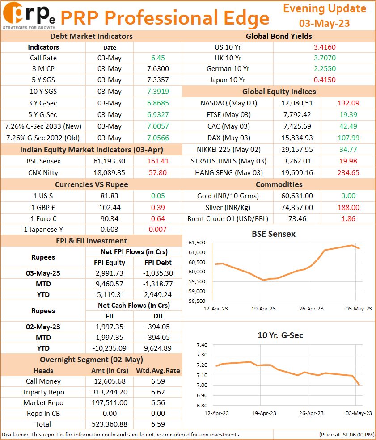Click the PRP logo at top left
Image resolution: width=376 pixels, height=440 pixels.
pos(29,16)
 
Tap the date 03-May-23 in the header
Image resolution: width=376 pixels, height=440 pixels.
pos(324,23)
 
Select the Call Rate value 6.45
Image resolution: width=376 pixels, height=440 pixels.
pos(158,58)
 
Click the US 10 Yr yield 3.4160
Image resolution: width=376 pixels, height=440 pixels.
pos(325,47)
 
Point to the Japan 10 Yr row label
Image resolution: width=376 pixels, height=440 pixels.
pos(228,80)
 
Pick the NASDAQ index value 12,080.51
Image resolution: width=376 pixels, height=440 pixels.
pos(297,103)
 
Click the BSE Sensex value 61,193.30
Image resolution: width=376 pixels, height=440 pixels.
pos(109,161)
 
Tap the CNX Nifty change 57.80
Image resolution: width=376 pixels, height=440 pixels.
pos(158,172)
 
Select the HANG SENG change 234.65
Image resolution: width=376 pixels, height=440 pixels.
pos(348,172)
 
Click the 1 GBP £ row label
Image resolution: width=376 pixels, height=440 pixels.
pos(43,208)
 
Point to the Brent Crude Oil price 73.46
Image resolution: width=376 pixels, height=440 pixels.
pos(297,218)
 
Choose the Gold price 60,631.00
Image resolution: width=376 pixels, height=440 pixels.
pos(297,196)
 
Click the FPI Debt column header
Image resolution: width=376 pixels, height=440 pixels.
pos(158,262)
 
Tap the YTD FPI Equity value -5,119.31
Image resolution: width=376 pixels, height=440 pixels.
pos(109,295)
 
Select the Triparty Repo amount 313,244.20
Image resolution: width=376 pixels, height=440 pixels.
pos(109,392)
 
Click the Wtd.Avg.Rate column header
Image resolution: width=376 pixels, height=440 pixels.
pos(158,371)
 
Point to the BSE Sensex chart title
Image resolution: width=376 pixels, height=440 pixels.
pos(274,234)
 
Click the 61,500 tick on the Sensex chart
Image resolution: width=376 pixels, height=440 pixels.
pos(197,243)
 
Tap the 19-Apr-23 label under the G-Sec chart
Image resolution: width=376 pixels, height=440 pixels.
pos(264,413)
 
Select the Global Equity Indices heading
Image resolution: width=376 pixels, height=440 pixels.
pos(279,92)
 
